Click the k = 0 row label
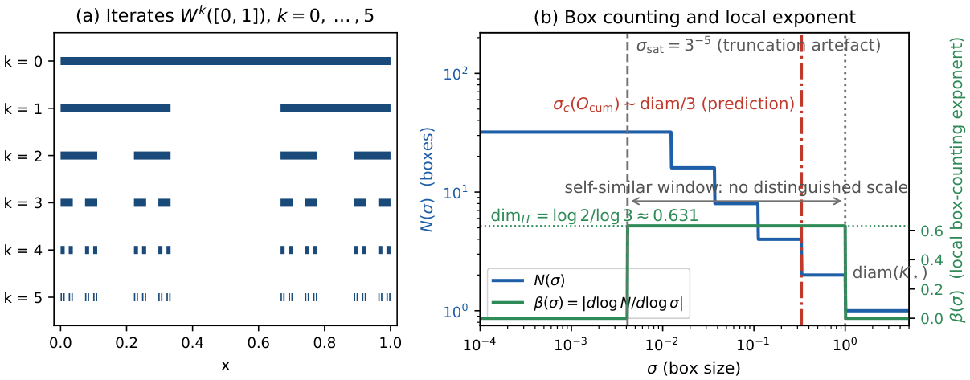click(23, 62)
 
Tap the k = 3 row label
click(23, 203)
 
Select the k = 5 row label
click(23, 298)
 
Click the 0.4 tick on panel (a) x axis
click(192, 343)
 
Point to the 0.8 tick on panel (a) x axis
click(325, 343)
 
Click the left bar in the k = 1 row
click(115, 108)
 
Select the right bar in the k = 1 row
click(336, 108)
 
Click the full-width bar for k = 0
click(225, 61)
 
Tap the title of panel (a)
click(225, 16)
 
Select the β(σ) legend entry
click(587, 303)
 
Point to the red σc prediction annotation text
click(673, 104)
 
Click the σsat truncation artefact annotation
click(759, 46)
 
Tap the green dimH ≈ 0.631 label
click(594, 215)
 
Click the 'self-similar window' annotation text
click(735, 187)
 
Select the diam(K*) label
click(890, 272)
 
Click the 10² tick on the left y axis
click(456, 73)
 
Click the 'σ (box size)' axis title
click(694, 368)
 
